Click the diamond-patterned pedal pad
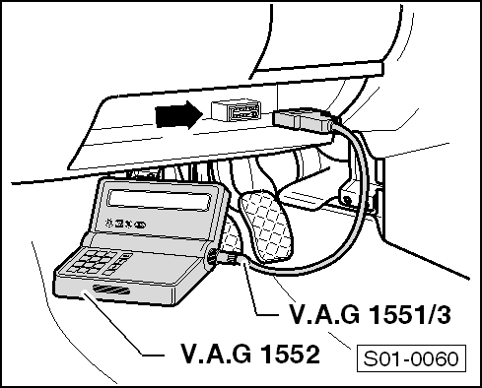tap(267, 229)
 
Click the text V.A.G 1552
tap(250, 352)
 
